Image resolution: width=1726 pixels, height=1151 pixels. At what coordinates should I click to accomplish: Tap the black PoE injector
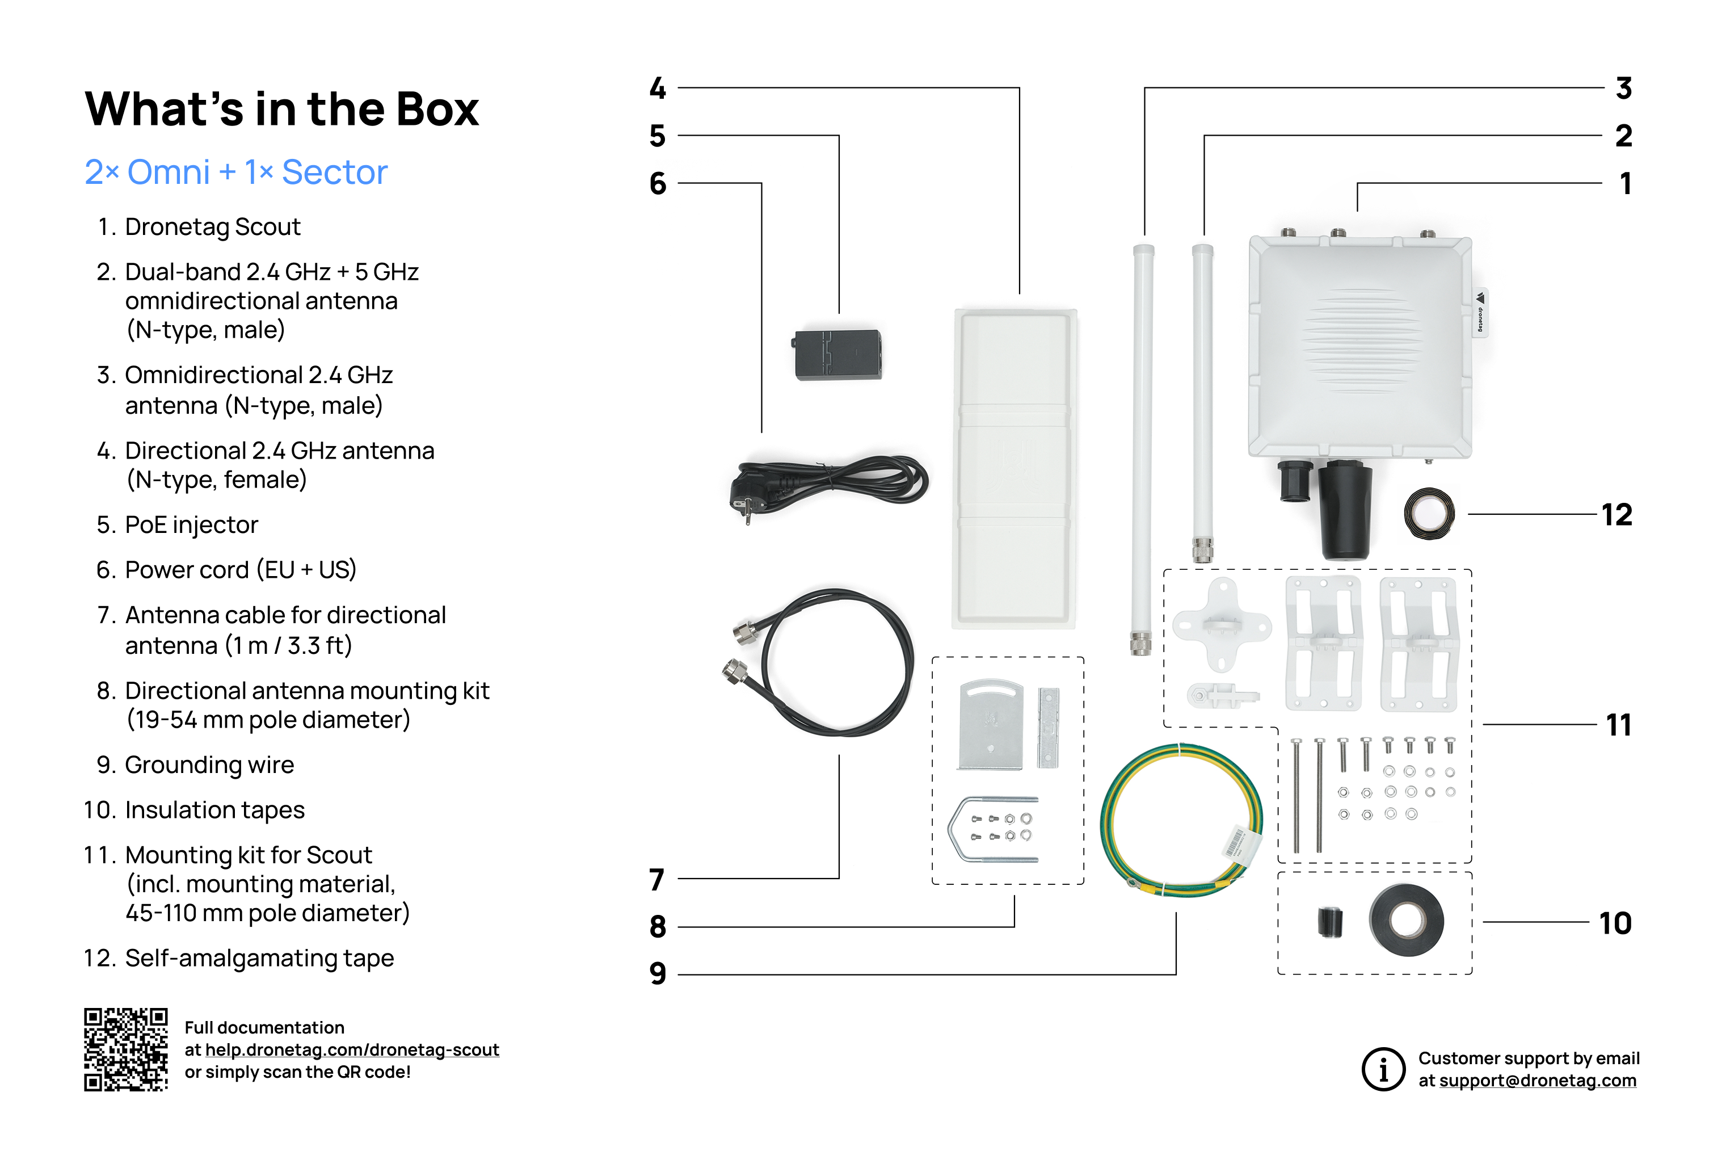(x=838, y=355)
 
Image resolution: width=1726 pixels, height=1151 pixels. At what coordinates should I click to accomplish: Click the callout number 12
(x=1616, y=515)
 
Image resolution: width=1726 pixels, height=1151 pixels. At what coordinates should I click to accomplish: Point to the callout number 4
(x=658, y=88)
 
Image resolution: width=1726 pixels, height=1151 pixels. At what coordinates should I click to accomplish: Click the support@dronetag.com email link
(x=1538, y=1081)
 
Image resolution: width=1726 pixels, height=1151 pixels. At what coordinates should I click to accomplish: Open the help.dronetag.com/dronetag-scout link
(x=352, y=1050)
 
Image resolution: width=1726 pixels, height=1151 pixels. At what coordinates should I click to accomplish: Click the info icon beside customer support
(x=1383, y=1069)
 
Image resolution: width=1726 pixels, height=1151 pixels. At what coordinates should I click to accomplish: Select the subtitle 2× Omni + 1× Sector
(x=235, y=173)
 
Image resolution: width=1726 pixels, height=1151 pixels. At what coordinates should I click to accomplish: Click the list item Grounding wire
(x=209, y=765)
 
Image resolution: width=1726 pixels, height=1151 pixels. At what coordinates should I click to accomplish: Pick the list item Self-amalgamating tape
(x=259, y=958)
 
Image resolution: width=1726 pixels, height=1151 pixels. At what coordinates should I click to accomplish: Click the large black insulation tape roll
(x=1406, y=921)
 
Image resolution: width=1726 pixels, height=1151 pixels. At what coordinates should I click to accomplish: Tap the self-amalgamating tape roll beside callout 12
(x=1429, y=514)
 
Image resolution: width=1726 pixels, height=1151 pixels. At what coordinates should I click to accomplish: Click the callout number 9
(x=658, y=974)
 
